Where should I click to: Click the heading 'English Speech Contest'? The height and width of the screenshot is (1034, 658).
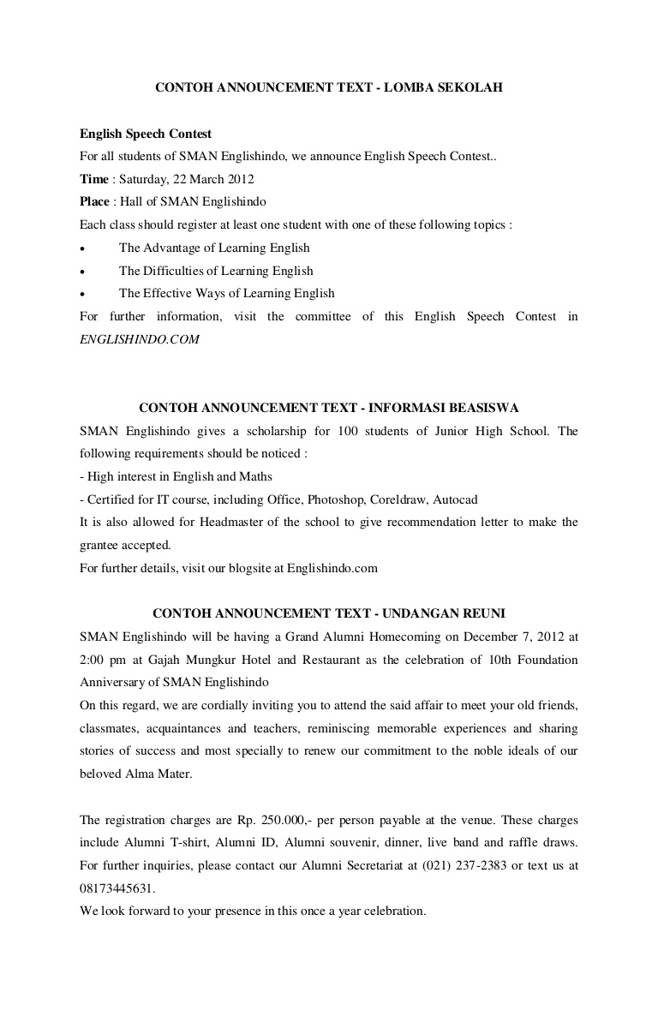tap(146, 134)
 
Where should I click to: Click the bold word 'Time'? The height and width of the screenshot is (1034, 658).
tap(93, 179)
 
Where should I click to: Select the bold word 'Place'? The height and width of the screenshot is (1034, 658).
tap(94, 202)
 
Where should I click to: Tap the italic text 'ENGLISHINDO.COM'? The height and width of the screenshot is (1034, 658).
tap(140, 339)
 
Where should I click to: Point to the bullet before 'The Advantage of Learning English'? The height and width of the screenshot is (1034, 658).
tap(82, 248)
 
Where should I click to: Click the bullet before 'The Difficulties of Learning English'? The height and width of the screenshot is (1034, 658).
tap(82, 272)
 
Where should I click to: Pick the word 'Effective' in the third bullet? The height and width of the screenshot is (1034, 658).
tap(168, 294)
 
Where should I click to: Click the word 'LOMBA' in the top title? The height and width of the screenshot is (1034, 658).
tap(416, 87)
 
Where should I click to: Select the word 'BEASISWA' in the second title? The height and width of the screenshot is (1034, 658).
tap(483, 408)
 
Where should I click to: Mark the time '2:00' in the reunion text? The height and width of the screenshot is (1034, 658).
tap(93, 660)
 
